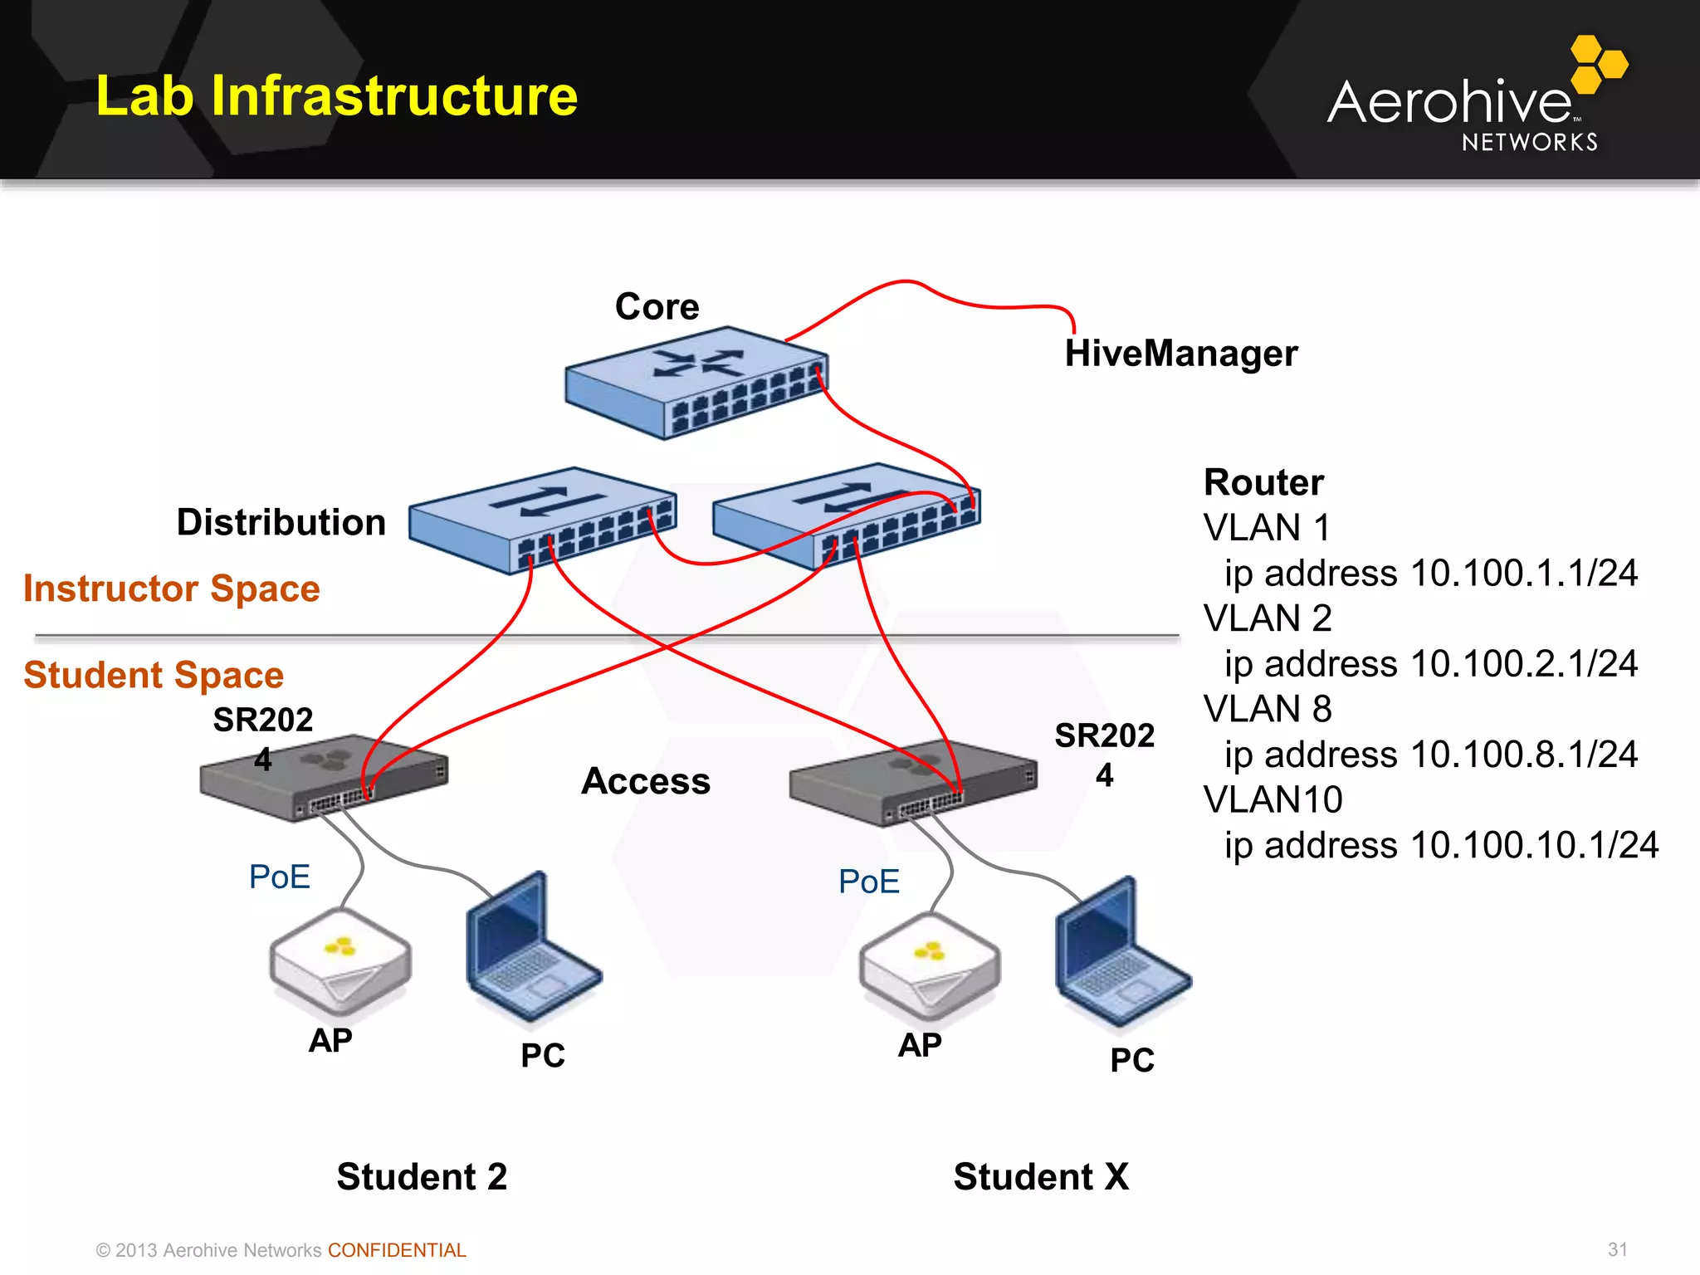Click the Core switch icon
pyautogui.click(x=696, y=383)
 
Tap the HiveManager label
pyautogui.click(x=1180, y=354)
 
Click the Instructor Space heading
pyautogui.click(x=171, y=589)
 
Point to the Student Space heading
pyautogui.click(x=154, y=675)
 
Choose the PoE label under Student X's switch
pyautogui.click(x=868, y=882)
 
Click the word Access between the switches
pyautogui.click(x=646, y=781)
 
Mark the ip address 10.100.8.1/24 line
pyautogui.click(x=1430, y=755)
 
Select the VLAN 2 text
pyautogui.click(x=1267, y=618)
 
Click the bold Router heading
pyautogui.click(x=1263, y=482)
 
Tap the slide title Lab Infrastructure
pyautogui.click(x=336, y=95)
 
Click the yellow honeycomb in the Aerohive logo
pyautogui.click(x=1598, y=64)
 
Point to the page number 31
pyautogui.click(x=1617, y=1249)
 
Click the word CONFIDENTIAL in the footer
pyautogui.click(x=397, y=1250)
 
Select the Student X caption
pyautogui.click(x=1041, y=1177)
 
